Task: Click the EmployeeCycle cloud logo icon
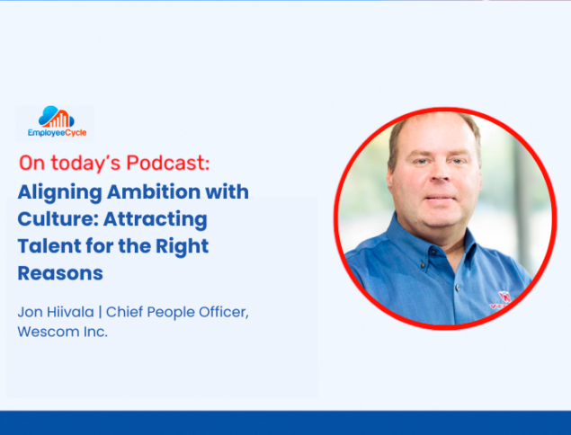pos(57,117)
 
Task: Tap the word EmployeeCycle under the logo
pos(58,133)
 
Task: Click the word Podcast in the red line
pos(168,163)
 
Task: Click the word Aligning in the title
pos(59,192)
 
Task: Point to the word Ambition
pos(154,191)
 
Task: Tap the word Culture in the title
pos(58,219)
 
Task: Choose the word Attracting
pos(156,219)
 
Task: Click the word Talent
pos(49,246)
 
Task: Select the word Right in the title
pos(182,247)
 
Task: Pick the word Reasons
pos(60,273)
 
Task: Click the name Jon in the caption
pos(30,313)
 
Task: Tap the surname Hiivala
pos(70,312)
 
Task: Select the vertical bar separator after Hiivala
pos(100,313)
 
